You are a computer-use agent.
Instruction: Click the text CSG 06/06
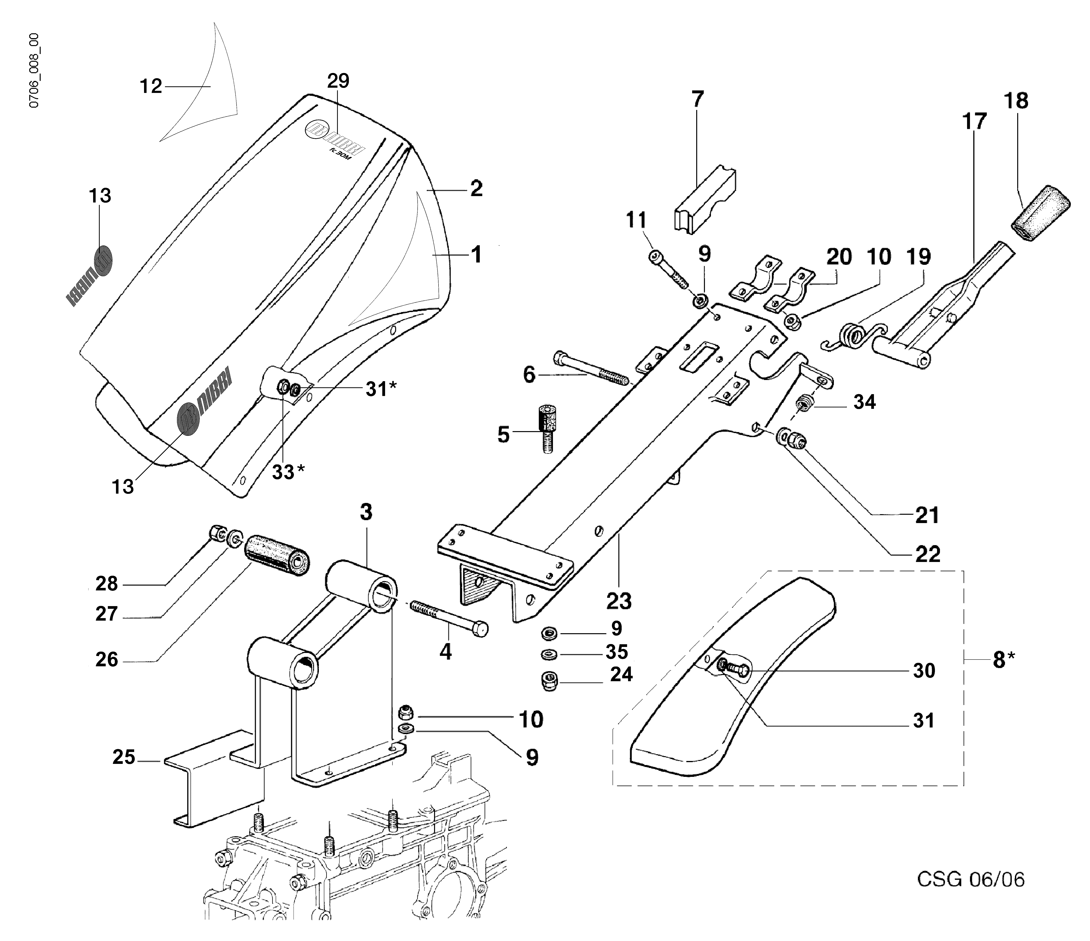pyautogui.click(x=971, y=879)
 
